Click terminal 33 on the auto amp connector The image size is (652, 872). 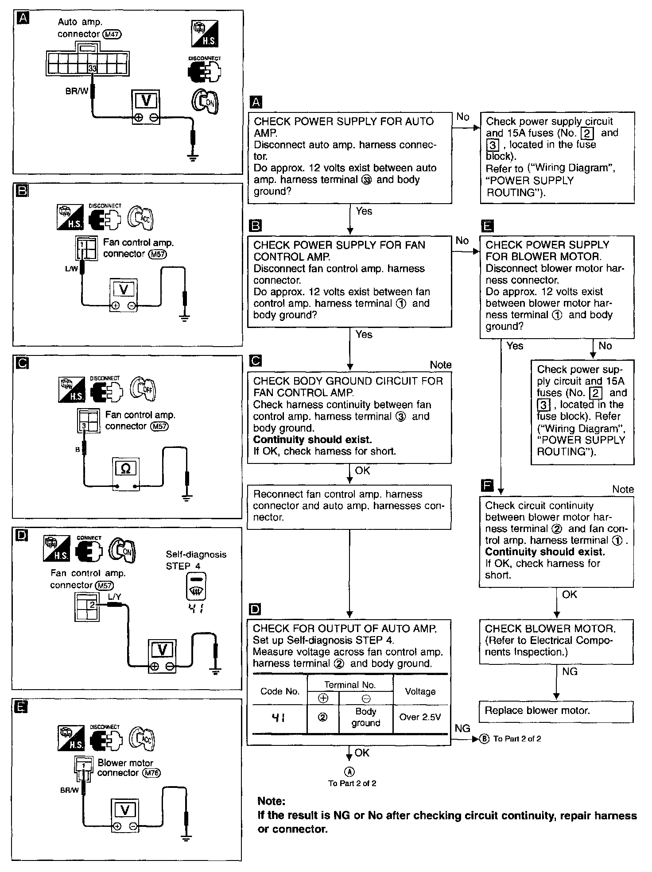click(x=92, y=69)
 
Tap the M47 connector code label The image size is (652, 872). click(x=112, y=34)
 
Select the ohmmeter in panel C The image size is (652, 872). click(x=125, y=475)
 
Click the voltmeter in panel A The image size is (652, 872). click(x=146, y=107)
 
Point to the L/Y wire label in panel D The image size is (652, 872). click(x=114, y=597)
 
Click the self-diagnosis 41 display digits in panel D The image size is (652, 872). click(x=195, y=609)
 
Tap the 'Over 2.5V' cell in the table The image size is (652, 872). click(x=420, y=717)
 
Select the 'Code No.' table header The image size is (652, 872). click(x=279, y=691)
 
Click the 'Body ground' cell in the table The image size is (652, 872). click(x=366, y=717)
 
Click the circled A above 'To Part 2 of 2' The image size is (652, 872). click(x=350, y=772)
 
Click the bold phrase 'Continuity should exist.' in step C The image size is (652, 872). click(x=312, y=440)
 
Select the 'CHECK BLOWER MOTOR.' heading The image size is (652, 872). click(x=550, y=629)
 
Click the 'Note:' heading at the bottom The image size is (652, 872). click(x=272, y=801)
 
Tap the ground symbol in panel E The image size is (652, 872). click(x=186, y=838)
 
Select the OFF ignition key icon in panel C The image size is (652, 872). click(x=143, y=389)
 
